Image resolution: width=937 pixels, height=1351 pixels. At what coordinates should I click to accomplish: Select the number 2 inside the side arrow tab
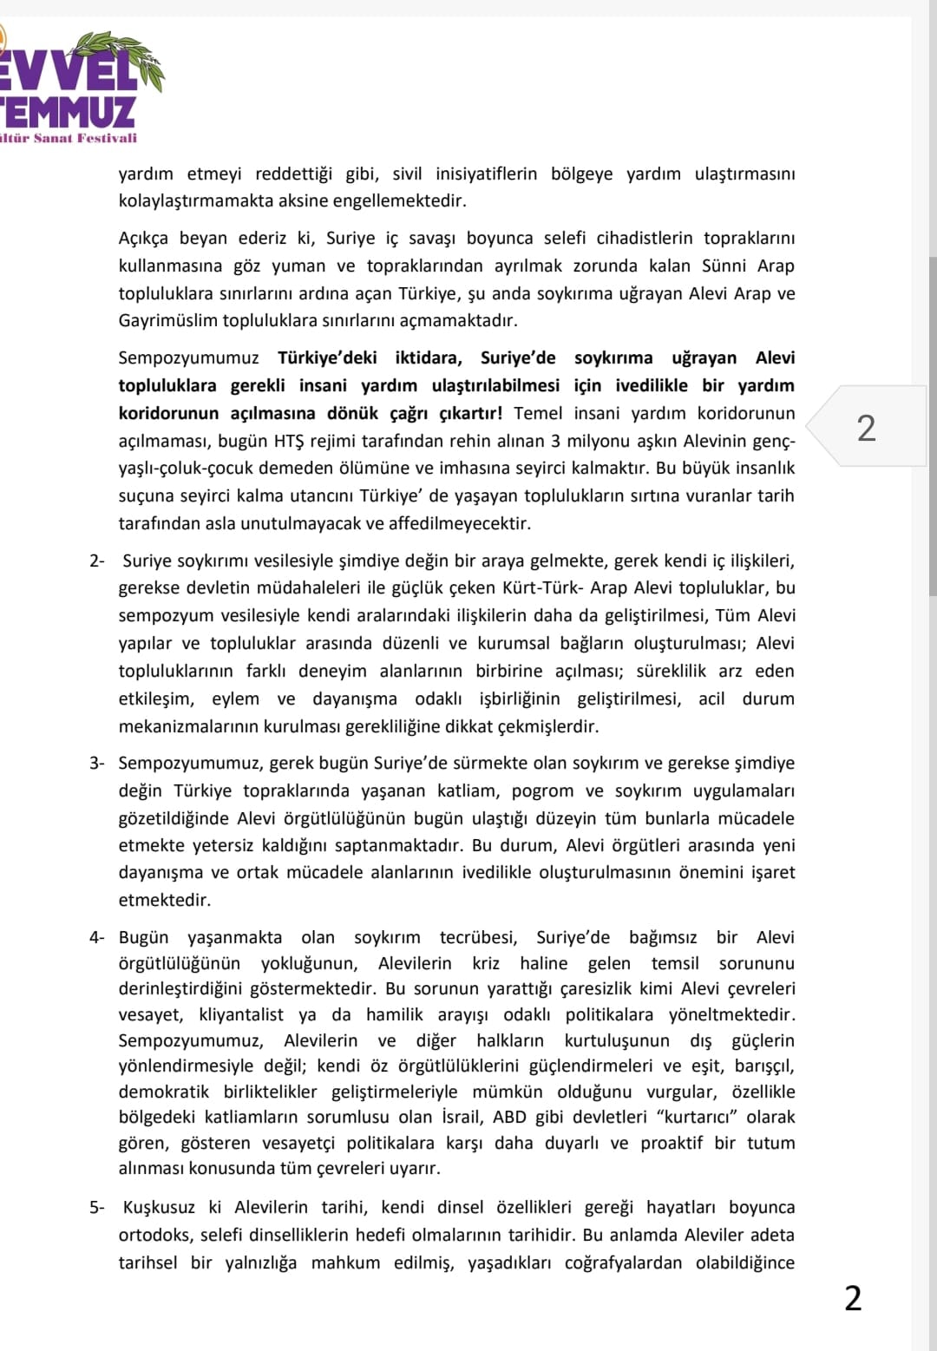pos(866,428)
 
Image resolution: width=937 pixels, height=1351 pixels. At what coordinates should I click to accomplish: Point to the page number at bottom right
pos(853,1298)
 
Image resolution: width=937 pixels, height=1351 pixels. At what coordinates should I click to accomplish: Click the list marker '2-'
pos(96,561)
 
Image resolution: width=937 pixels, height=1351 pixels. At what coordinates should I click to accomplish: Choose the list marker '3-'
pos(96,763)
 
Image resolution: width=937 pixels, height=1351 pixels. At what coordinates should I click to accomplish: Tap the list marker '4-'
pos(96,937)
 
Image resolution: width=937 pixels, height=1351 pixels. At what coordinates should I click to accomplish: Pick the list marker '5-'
pos(96,1207)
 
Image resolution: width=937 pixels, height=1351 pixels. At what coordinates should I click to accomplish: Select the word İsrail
pos(456,1117)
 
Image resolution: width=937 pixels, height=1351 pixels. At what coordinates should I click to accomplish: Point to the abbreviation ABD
pos(510,1117)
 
